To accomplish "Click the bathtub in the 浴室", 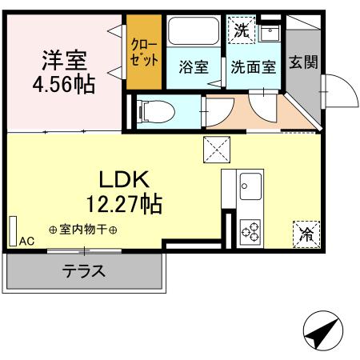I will click(193, 33).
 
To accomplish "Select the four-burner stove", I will click(250, 232).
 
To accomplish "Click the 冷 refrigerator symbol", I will click(306, 234).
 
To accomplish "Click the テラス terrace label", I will click(83, 271).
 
